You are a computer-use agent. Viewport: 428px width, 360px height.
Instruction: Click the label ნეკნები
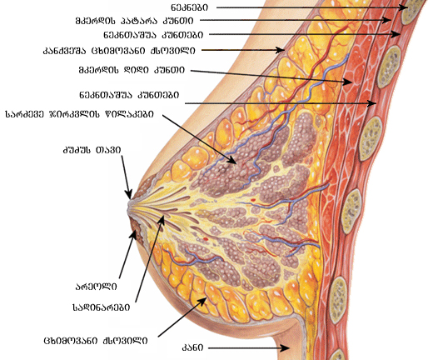[x=189, y=7]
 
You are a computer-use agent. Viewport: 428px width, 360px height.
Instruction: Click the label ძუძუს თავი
[x=92, y=150]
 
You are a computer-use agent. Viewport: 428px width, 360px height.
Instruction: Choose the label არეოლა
[x=97, y=287]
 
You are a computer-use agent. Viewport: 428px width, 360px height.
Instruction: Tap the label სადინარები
[x=102, y=307]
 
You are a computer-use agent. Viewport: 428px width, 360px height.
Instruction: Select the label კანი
[x=192, y=347]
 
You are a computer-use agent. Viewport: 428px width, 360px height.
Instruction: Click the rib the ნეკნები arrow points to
[x=412, y=10]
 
